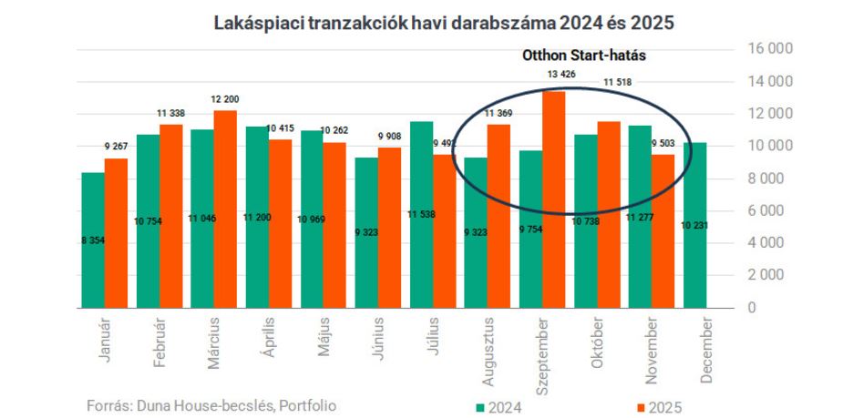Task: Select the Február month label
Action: [158, 342]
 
